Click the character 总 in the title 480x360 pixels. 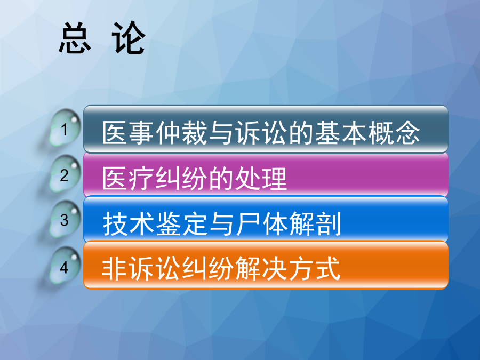pos(75,38)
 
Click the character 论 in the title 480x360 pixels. pos(129,38)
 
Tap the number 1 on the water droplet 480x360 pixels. pos(64,130)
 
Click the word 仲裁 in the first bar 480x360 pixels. pos(182,133)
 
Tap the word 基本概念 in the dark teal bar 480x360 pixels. pos(367,133)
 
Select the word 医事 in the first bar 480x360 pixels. pos(128,133)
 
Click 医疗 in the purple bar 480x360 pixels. pos(128,178)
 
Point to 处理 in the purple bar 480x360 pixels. pos(261,178)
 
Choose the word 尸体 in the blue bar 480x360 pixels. pos(261,224)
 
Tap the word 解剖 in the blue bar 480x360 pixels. pos(315,224)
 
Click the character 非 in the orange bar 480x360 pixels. pos(115,269)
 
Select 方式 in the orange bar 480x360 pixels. pos(314,269)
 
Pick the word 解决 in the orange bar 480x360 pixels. pos(261,269)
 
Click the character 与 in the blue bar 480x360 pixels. pos(221,224)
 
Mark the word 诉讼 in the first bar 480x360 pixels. pos(261,133)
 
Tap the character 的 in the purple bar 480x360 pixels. pos(221,178)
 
